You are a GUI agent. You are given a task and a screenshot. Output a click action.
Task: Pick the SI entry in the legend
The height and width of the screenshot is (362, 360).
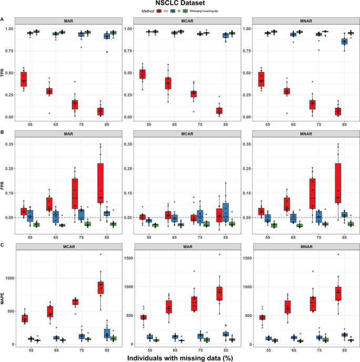click(177, 11)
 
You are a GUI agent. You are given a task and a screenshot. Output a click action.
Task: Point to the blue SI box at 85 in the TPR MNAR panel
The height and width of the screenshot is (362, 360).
click(345, 41)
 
